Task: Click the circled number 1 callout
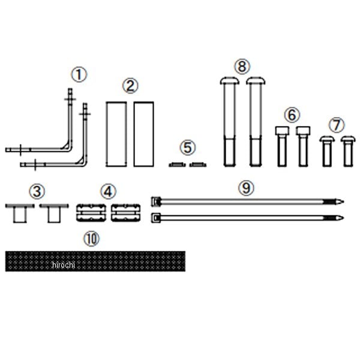(x=79, y=75)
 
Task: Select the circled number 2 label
(x=130, y=86)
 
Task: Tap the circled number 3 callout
(x=37, y=192)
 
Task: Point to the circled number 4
(x=107, y=192)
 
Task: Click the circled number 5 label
(x=188, y=147)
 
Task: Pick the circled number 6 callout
(x=292, y=114)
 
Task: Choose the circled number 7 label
(x=337, y=125)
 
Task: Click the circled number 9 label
(x=246, y=188)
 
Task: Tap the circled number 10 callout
(x=91, y=239)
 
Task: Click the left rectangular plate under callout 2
(x=116, y=134)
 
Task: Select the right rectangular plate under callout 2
(x=143, y=134)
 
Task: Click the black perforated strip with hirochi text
(x=95, y=261)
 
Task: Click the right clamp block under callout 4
(x=125, y=212)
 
